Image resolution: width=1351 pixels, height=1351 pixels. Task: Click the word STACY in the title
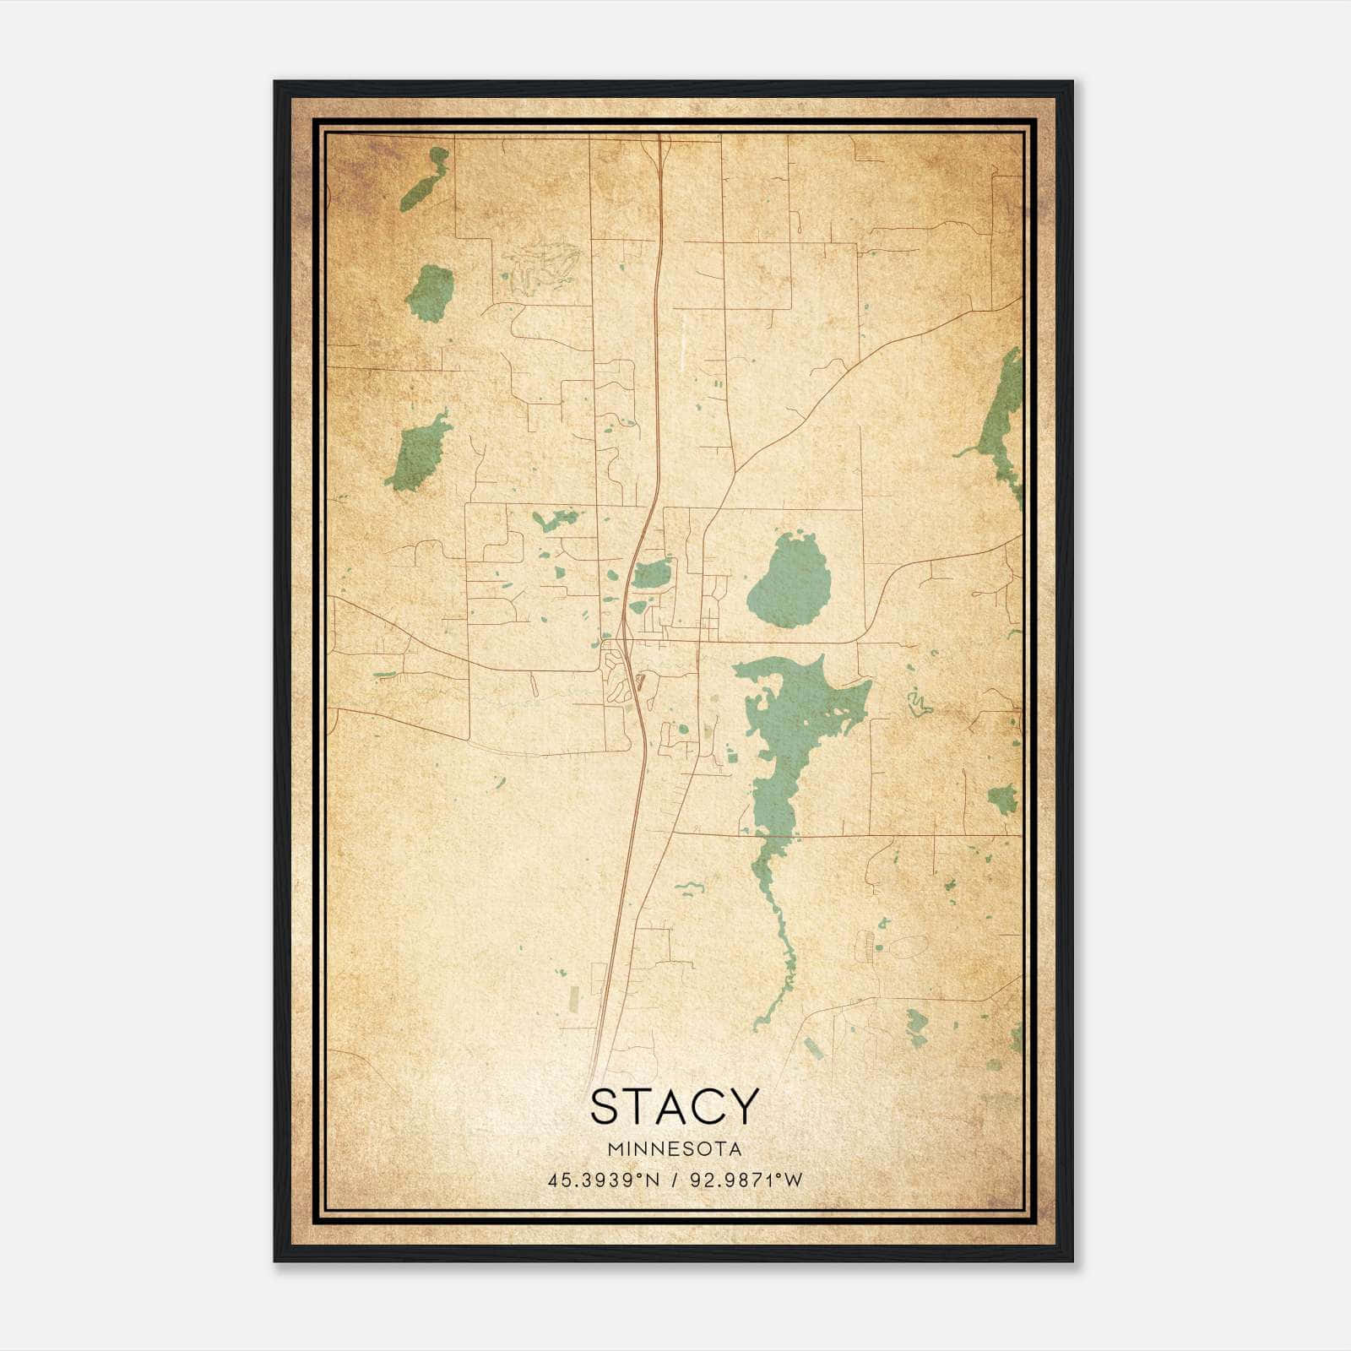675,1106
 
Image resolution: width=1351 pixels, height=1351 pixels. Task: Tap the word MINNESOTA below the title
675,1149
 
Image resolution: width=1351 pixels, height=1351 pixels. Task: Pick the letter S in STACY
605,1106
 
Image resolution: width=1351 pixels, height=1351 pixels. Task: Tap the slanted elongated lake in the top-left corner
424,179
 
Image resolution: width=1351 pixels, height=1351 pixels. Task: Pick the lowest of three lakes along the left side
417,453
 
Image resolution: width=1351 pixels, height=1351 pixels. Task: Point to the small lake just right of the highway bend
652,575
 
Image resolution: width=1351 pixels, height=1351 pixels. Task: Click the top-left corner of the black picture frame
276,83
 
